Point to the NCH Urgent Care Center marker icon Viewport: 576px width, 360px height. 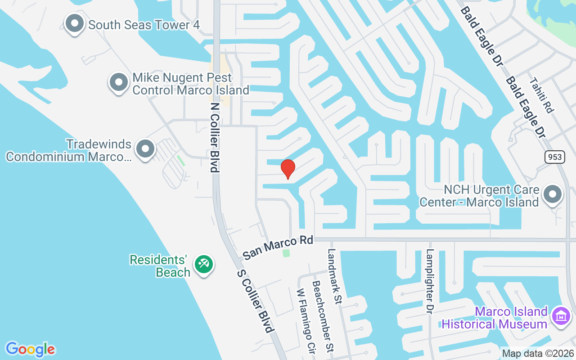(553, 195)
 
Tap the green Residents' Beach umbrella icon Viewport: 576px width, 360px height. (203, 264)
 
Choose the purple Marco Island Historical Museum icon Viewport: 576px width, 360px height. (561, 316)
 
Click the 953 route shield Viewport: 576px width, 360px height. (555, 157)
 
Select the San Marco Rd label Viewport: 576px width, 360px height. (278, 248)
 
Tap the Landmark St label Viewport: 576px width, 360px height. (334, 276)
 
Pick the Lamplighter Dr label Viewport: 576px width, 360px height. (430, 281)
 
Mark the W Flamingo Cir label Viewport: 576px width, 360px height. (305, 320)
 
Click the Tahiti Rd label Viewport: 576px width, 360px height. (540, 95)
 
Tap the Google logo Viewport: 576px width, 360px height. (30, 349)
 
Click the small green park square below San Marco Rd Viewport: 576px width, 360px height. (286, 253)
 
